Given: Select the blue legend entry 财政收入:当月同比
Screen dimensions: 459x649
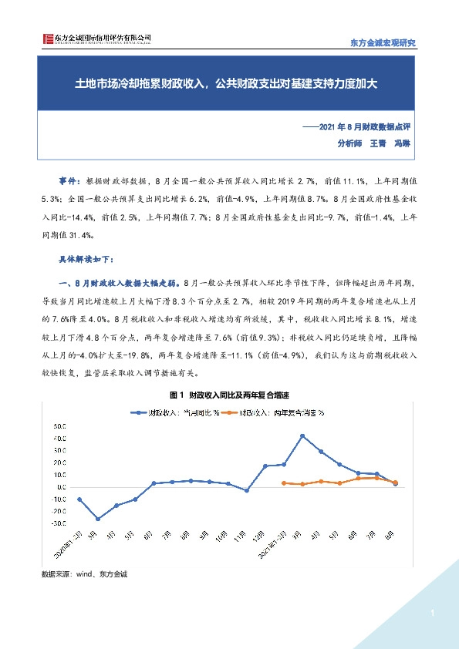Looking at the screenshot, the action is pyautogui.click(x=174, y=412).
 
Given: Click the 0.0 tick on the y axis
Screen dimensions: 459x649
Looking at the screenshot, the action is pyautogui.click(x=59, y=486).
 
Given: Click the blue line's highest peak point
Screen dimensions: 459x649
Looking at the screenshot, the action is pyautogui.click(x=302, y=436).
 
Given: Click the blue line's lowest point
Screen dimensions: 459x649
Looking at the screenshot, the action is pyautogui.click(x=98, y=519).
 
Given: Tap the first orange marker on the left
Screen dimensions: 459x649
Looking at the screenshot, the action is pyautogui.click(x=284, y=483).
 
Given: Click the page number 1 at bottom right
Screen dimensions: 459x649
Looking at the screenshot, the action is pyautogui.click(x=434, y=614).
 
